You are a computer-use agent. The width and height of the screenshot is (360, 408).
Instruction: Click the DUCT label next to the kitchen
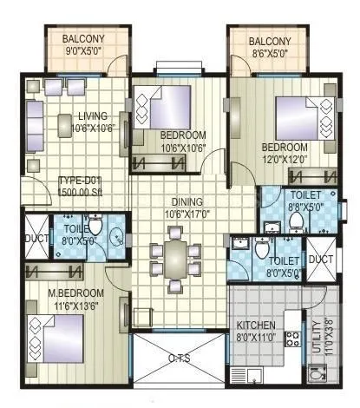point(320,259)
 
